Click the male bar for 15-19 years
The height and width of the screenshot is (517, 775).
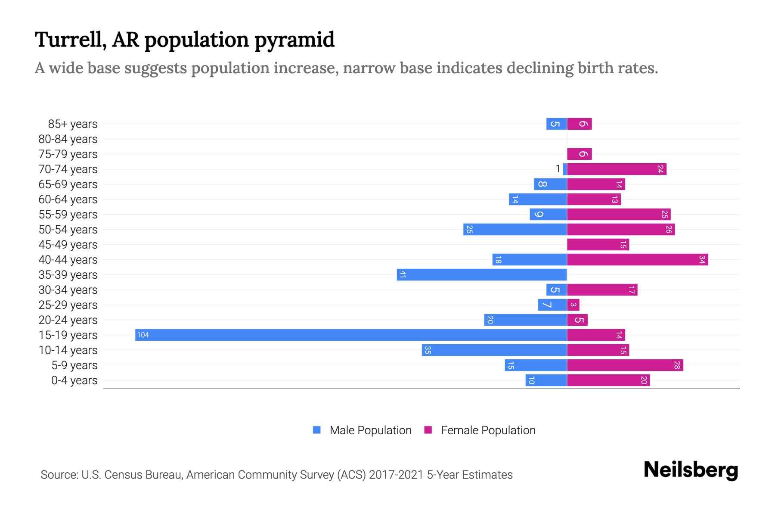coord(351,335)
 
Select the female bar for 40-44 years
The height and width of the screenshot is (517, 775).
coord(637,260)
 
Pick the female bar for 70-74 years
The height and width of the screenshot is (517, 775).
coord(617,169)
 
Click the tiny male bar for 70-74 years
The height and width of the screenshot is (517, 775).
coord(565,169)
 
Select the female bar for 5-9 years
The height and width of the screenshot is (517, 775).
coord(625,365)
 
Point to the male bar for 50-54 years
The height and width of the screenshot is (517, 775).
coord(515,230)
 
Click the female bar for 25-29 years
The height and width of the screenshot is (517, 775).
coord(573,305)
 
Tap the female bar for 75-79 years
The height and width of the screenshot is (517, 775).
coord(579,154)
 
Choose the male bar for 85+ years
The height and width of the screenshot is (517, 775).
coord(556,124)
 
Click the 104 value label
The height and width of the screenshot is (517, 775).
coord(143,335)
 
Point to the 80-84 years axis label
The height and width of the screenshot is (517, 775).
coord(68,139)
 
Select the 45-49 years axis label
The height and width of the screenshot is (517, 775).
coord(68,245)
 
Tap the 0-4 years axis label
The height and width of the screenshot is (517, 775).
coord(74,380)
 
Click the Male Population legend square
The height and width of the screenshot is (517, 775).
coord(317,430)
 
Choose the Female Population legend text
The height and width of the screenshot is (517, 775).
coord(488,430)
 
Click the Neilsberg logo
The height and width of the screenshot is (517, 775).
coord(691,470)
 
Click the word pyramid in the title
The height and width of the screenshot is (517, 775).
coord(294,40)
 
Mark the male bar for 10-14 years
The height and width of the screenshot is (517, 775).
coord(494,350)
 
